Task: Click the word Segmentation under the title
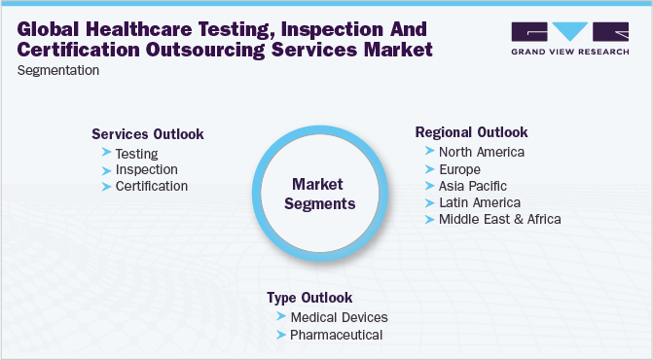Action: [x=58, y=70]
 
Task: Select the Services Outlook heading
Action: [x=148, y=134]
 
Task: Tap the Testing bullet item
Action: [x=136, y=153]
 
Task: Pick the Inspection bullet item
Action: [x=146, y=169]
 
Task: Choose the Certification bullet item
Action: [x=151, y=186]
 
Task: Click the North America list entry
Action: [x=482, y=152]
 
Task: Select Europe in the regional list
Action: [x=461, y=168]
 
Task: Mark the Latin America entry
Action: [x=480, y=201]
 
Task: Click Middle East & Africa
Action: [x=499, y=218]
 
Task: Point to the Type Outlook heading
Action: [x=309, y=298]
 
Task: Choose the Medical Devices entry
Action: [x=339, y=317]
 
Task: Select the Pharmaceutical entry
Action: [x=336, y=335]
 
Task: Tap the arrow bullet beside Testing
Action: [x=106, y=153]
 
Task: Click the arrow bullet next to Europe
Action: [x=429, y=168]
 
